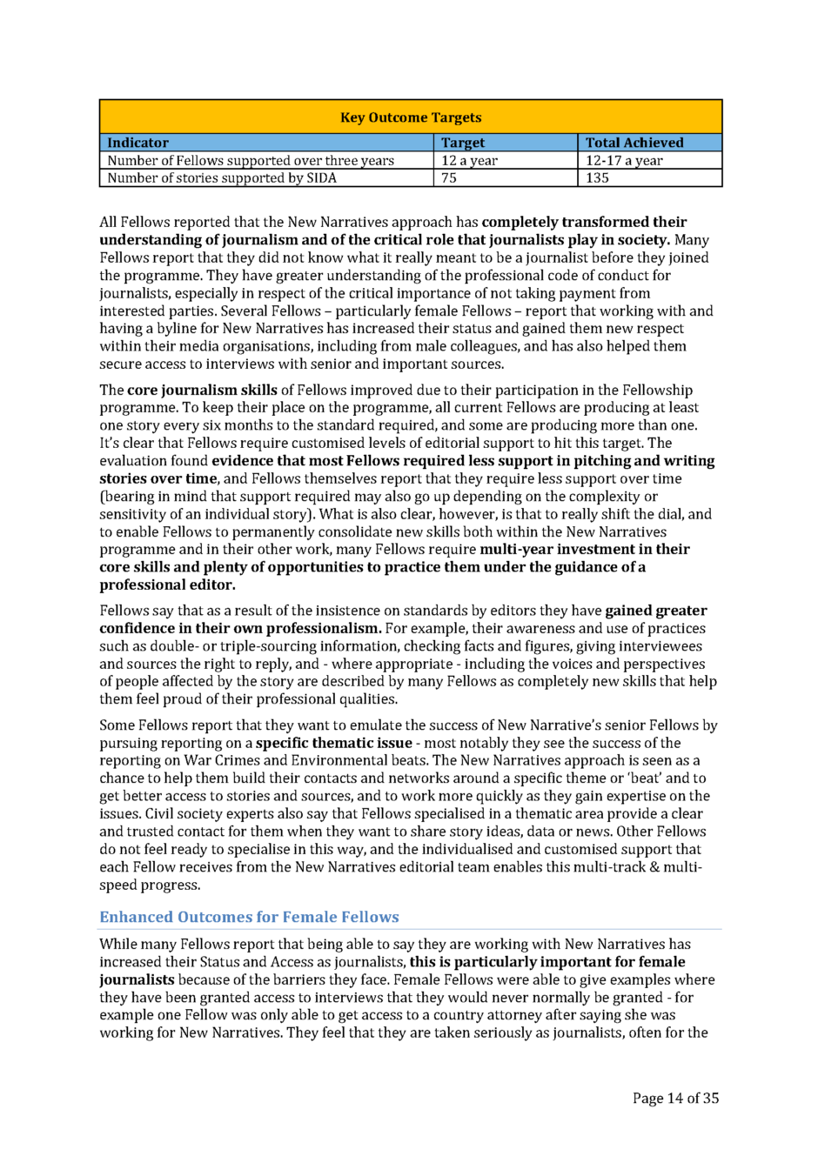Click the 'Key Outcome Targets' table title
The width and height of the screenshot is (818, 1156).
pos(410,117)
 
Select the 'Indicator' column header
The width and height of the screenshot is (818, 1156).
pos(137,143)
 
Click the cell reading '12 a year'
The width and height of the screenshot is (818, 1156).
pos(469,160)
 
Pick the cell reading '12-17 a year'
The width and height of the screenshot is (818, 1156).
pos(623,160)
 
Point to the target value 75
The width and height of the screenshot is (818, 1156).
pos(449,177)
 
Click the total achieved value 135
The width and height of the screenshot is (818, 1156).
pos(597,177)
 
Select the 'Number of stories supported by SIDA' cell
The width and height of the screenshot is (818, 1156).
pos(221,177)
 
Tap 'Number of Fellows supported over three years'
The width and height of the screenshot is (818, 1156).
pos(251,160)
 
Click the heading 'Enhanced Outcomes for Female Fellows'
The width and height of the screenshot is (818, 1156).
pos(249,917)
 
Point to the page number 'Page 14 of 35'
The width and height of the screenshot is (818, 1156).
pos(675,1098)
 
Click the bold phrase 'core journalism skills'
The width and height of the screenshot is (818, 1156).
pos(202,390)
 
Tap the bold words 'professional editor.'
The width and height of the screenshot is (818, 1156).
pos(167,585)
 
